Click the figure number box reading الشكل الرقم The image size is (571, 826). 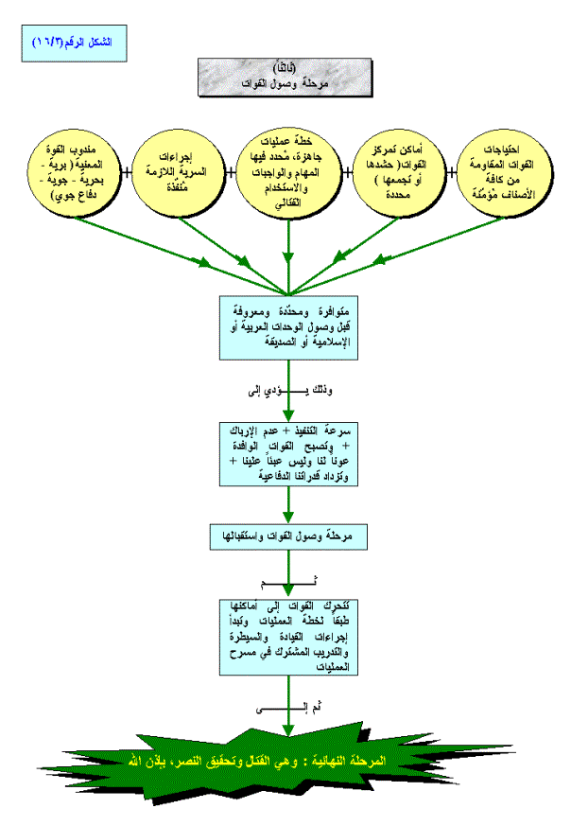tap(72, 44)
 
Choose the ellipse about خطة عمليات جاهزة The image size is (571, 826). tap(287, 171)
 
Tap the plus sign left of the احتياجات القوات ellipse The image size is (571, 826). tap(451, 172)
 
